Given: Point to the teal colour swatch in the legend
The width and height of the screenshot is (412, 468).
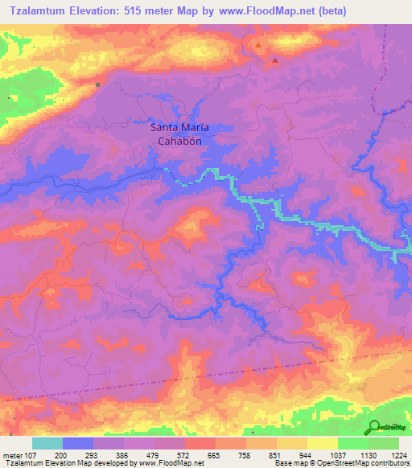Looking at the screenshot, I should pyautogui.click(x=47, y=443).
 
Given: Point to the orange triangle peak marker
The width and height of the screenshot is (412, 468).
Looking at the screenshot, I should pyautogui.click(x=257, y=46).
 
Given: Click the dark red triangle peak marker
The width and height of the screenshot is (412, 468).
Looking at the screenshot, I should pyautogui.click(x=275, y=60).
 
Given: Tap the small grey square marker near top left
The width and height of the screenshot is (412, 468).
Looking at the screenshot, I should pyautogui.click(x=98, y=84).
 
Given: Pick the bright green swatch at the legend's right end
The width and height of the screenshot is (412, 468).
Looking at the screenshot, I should pyautogui.click(x=384, y=443).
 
